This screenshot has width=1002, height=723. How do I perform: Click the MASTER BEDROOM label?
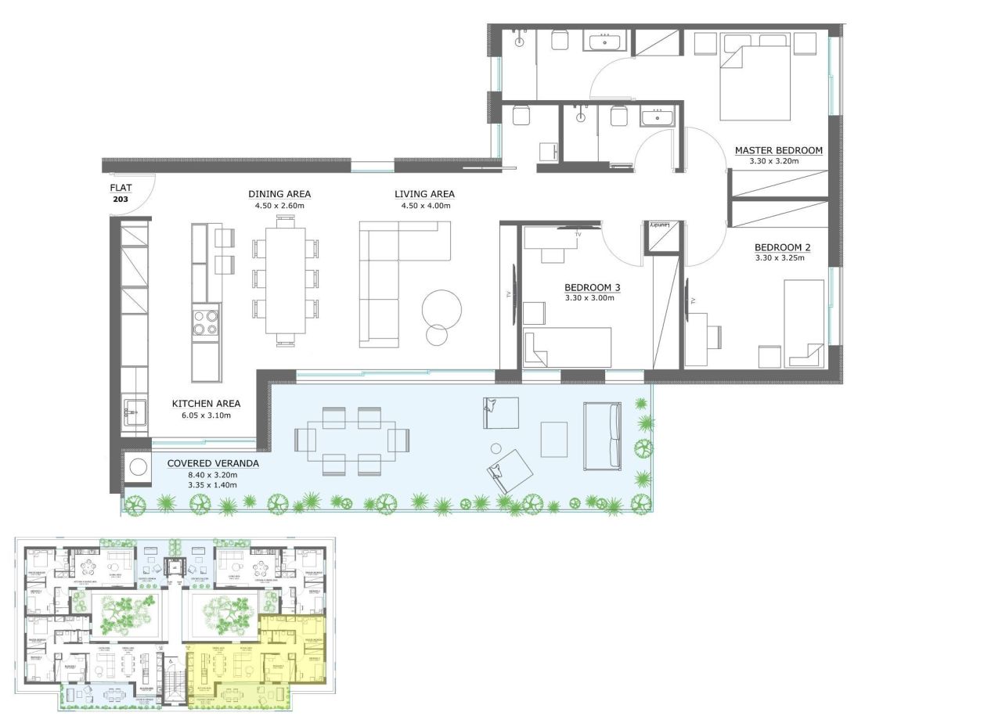click(x=778, y=150)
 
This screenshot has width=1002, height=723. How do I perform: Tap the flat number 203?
click(x=120, y=200)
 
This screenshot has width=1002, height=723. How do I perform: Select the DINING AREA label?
click(x=279, y=194)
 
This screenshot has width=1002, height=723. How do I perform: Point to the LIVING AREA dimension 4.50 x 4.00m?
click(x=424, y=206)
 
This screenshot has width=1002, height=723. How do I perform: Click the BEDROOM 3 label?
click(x=592, y=287)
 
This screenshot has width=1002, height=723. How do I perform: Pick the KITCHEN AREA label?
click(x=206, y=404)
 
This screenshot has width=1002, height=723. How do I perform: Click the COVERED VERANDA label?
click(x=213, y=463)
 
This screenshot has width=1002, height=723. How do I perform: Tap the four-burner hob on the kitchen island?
click(x=206, y=322)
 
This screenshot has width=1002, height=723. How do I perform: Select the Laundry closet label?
click(x=661, y=225)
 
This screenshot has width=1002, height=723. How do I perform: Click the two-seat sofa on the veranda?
click(x=602, y=436)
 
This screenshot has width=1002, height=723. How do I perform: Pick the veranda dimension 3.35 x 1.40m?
click(x=212, y=485)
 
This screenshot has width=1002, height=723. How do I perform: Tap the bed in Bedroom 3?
click(x=568, y=347)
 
